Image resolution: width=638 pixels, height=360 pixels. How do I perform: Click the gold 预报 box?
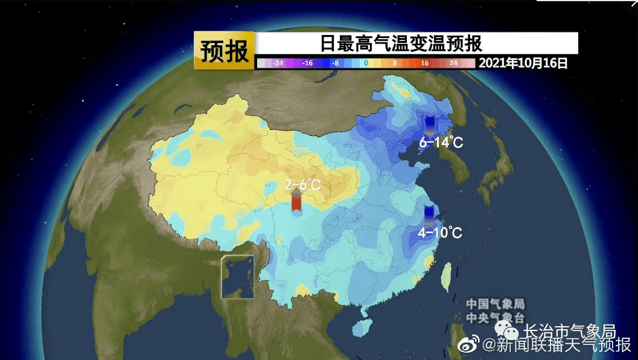(225, 51)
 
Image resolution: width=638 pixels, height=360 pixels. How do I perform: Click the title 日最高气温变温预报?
(401, 44)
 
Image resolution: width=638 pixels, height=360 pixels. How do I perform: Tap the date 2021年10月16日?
(523, 63)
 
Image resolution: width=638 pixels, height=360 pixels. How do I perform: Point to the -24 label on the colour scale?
(278, 63)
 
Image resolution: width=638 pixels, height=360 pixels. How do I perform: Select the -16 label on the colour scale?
(307, 63)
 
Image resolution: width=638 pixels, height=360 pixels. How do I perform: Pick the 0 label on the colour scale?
(366, 63)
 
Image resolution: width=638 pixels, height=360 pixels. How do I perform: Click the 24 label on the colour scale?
(453, 63)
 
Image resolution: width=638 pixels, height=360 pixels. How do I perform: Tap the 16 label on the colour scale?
(424, 63)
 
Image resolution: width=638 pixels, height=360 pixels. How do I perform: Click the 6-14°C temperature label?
(441, 143)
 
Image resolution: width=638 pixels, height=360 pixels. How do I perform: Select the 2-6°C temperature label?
(303, 184)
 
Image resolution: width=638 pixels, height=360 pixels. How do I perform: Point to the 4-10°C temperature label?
(440, 233)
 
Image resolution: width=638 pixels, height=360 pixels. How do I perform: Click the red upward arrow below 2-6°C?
(296, 201)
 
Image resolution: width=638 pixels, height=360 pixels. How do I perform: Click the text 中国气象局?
(495, 304)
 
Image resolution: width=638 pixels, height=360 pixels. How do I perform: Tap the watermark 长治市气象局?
(568, 332)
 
